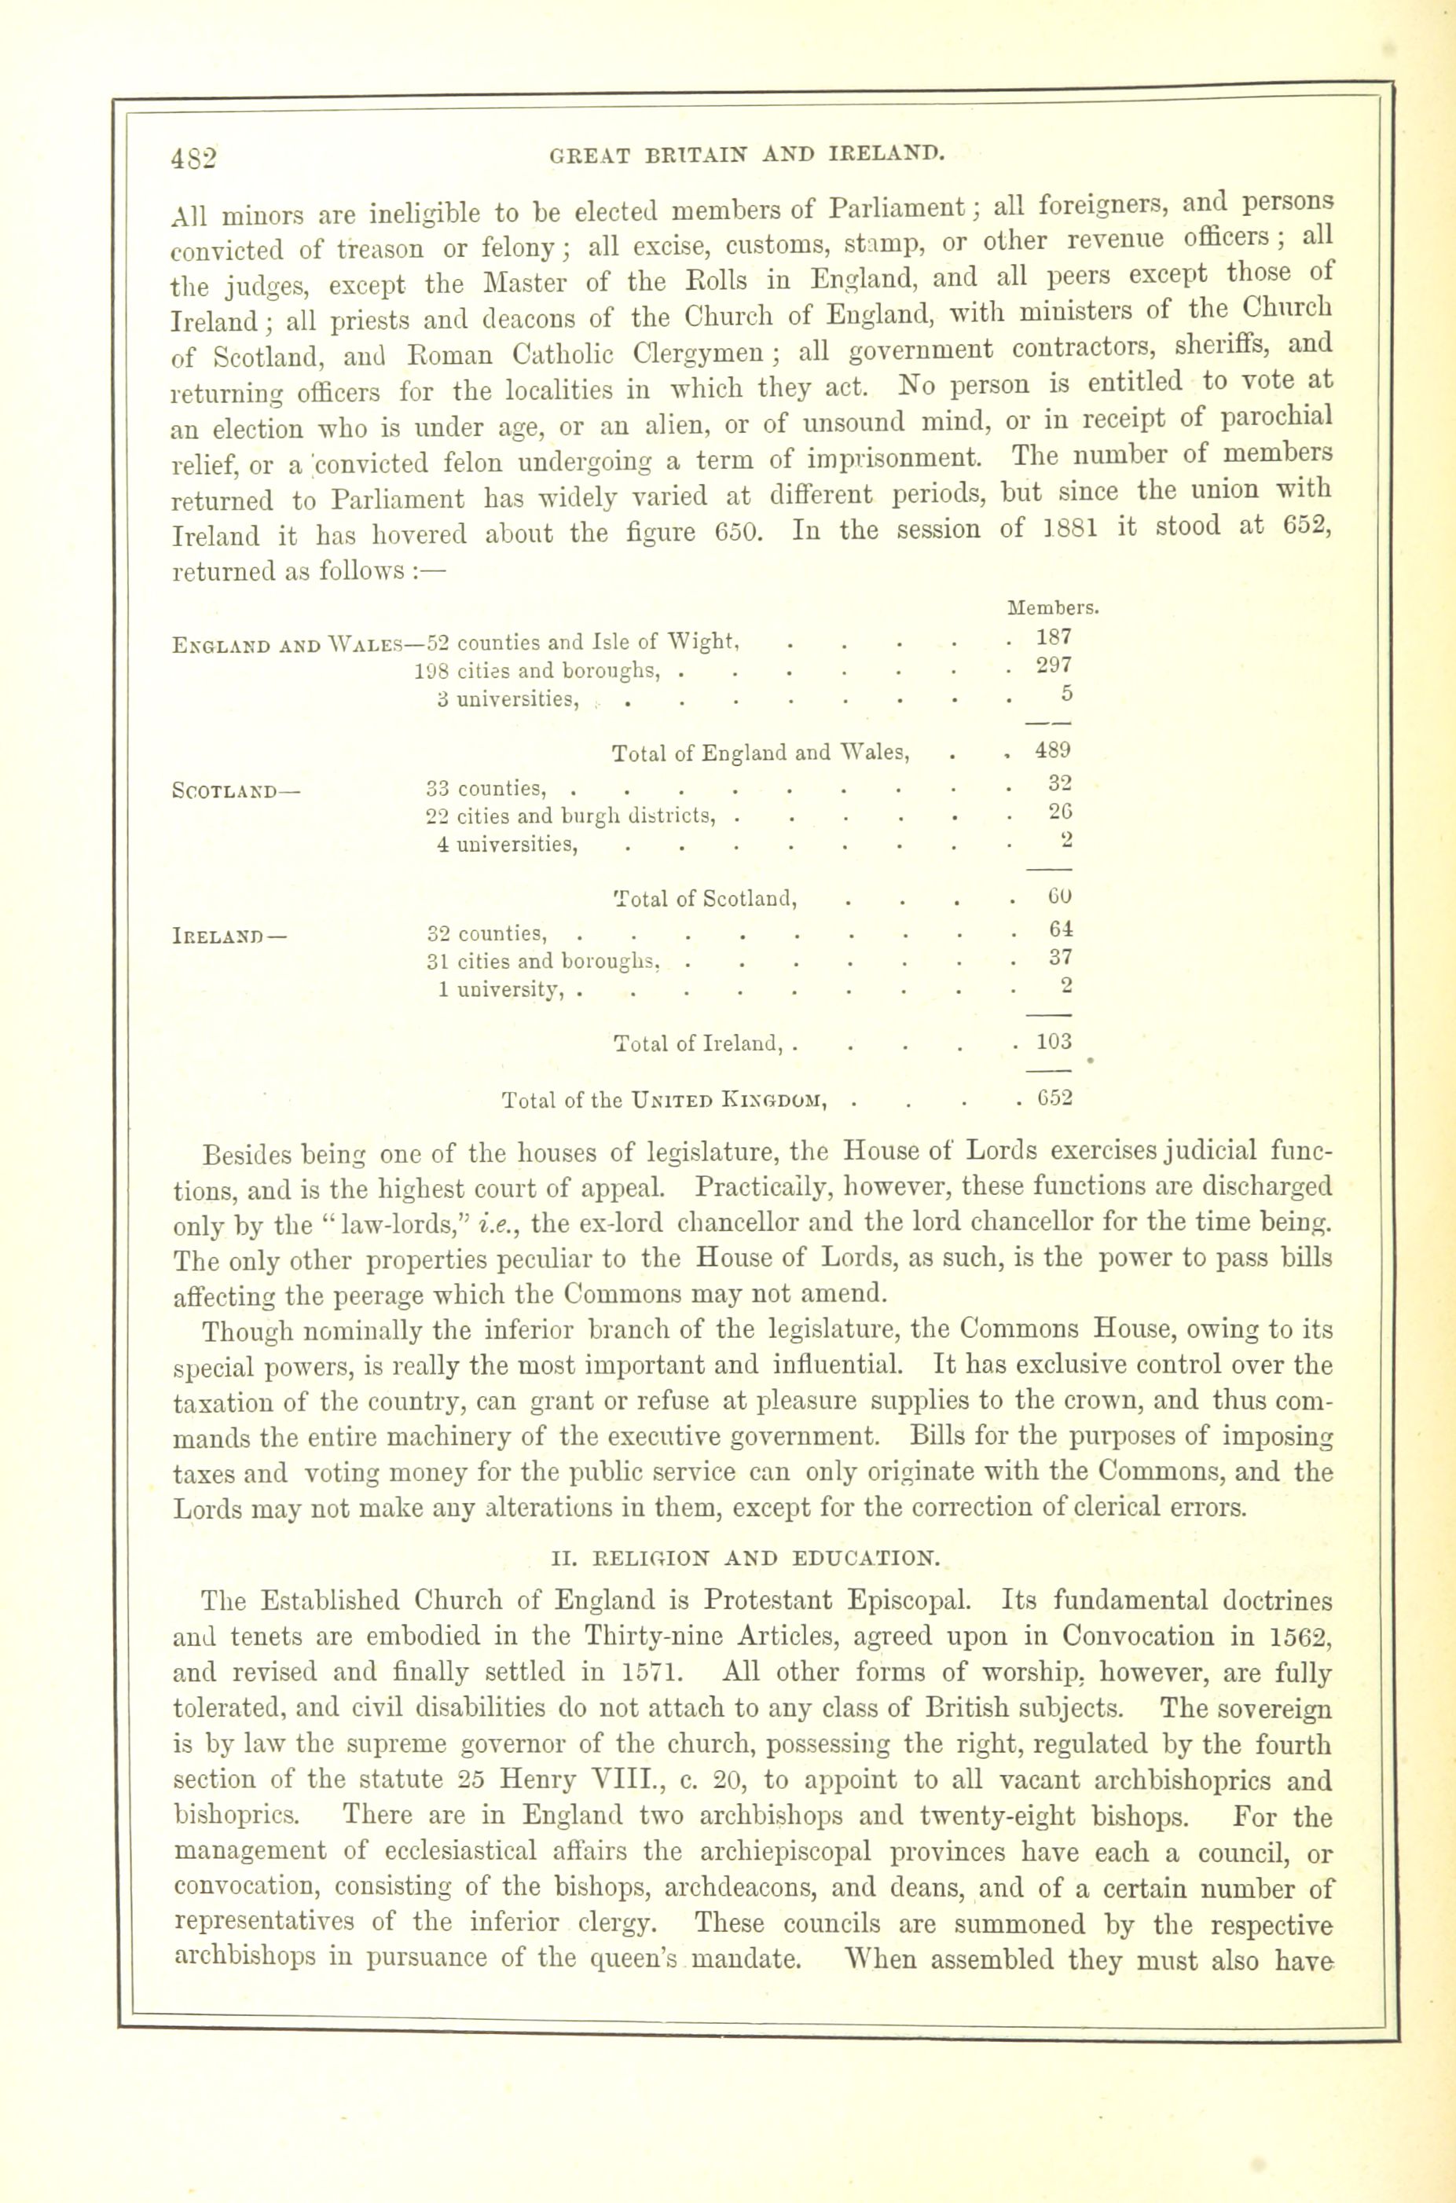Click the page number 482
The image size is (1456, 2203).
click(193, 157)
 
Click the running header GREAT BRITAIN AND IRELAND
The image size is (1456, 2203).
click(747, 153)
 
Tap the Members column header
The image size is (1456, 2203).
click(1052, 609)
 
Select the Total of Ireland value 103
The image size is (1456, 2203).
click(1054, 1042)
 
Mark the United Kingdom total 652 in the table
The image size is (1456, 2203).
click(1054, 1098)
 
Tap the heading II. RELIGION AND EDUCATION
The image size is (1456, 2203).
click(746, 1559)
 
